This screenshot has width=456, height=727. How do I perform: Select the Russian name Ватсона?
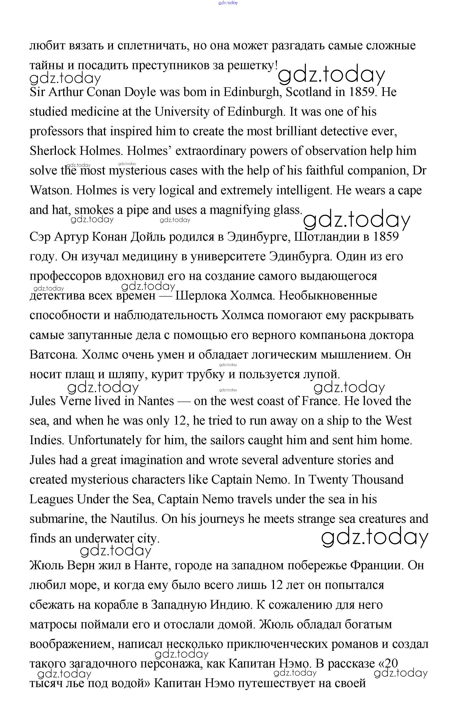point(54,355)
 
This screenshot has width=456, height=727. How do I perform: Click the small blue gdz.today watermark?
point(228,3)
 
